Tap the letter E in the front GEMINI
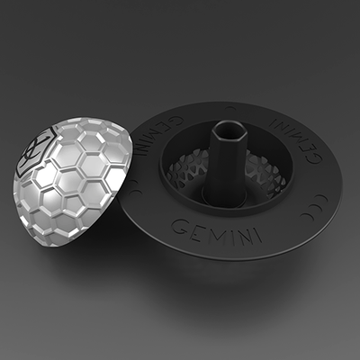coord(193,223)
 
